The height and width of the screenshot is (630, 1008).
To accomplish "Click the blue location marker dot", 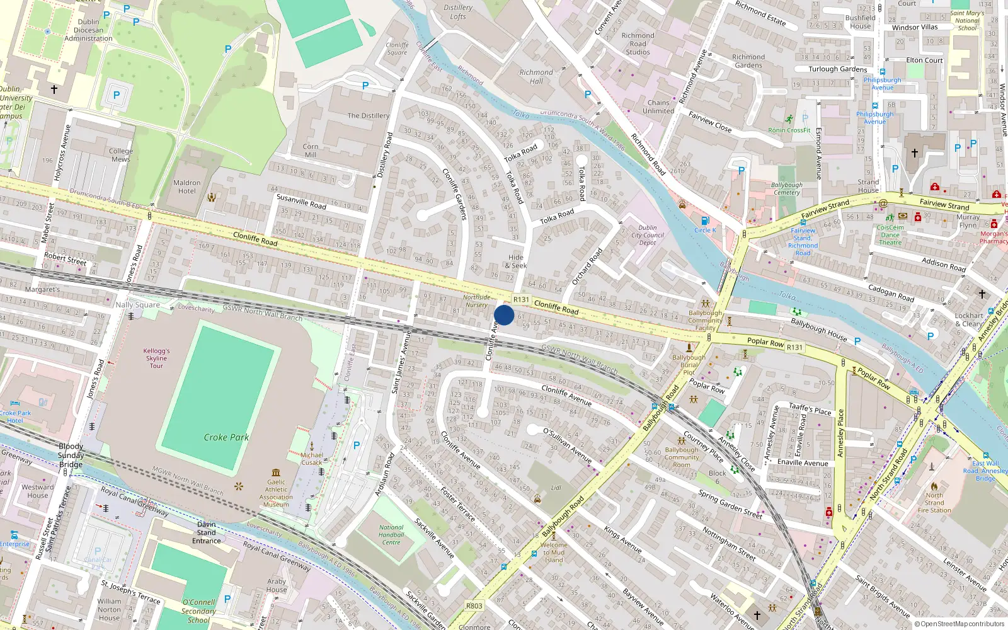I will (x=504, y=315).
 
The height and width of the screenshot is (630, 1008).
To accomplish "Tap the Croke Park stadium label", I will (x=226, y=437).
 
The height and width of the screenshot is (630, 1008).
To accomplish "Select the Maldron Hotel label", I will (x=186, y=187).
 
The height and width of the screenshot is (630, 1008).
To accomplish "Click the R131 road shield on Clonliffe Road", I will (x=521, y=300).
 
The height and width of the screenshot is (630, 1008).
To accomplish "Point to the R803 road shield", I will (x=474, y=606).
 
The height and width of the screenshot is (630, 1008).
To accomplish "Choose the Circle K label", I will (x=705, y=230).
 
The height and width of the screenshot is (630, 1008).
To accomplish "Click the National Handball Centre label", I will (x=391, y=535).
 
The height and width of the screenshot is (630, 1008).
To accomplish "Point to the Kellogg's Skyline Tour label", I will (x=156, y=358).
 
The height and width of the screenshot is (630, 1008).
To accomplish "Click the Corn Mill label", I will (x=311, y=151).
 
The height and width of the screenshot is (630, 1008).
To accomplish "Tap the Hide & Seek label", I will (x=515, y=261).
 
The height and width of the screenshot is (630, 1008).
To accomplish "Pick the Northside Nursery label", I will (x=476, y=301).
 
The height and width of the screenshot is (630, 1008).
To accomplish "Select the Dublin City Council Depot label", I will (x=648, y=235).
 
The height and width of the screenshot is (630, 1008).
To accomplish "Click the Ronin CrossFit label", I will (x=789, y=130).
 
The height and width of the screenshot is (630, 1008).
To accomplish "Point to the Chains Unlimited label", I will (x=658, y=106).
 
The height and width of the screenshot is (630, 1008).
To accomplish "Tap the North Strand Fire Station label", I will (x=934, y=503).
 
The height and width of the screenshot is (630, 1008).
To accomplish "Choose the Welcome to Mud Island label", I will (x=554, y=553).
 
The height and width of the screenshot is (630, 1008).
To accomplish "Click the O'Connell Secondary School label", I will (x=198, y=611).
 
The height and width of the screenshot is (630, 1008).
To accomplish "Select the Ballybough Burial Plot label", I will (x=689, y=365).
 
